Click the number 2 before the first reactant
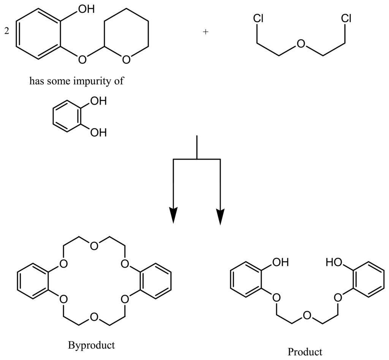(6, 32)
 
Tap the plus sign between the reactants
(206, 32)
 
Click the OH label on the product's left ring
(280, 262)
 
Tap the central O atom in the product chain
(307, 315)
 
